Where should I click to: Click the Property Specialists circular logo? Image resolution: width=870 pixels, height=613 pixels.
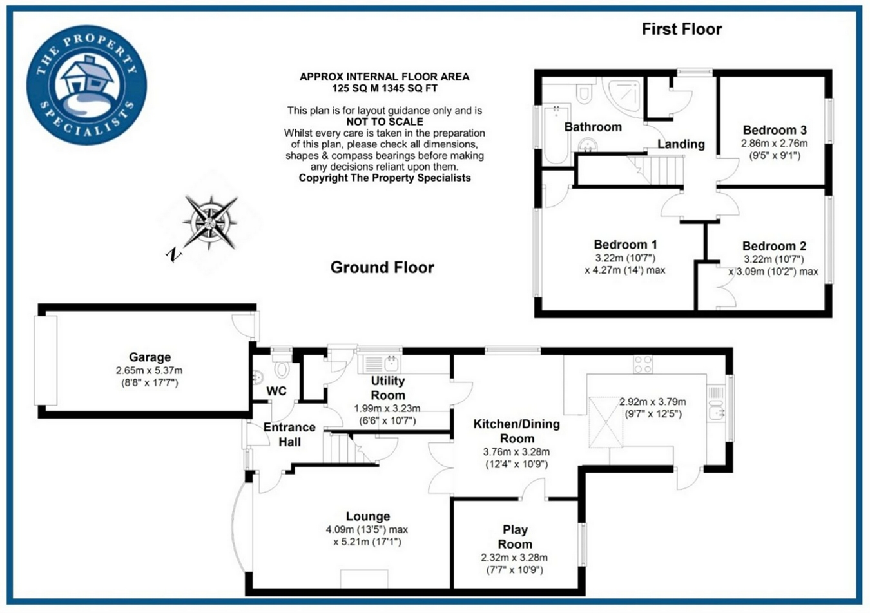[x=86, y=84]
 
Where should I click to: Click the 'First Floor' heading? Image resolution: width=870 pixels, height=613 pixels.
[x=681, y=29]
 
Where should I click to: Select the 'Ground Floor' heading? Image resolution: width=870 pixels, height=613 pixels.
[x=382, y=267]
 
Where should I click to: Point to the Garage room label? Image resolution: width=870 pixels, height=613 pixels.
[x=150, y=357]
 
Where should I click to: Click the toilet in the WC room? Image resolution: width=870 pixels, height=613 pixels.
[x=282, y=369]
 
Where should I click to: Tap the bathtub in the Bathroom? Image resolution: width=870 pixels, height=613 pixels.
[x=554, y=135]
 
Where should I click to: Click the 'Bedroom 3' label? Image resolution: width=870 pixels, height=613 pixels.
[x=775, y=130]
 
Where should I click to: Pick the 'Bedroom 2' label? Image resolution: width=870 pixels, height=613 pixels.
[x=774, y=246]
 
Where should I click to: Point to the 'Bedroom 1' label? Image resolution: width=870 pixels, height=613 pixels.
[x=625, y=245]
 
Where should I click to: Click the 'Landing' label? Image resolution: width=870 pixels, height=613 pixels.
[x=681, y=144]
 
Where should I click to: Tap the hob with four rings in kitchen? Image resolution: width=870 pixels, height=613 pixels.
[x=643, y=364]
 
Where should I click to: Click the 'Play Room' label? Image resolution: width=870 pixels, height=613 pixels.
[x=515, y=536]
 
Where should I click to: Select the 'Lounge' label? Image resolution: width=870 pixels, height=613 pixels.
[x=368, y=516]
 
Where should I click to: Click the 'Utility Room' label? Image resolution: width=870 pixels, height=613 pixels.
[x=388, y=388]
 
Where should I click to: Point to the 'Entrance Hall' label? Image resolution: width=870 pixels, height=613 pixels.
[x=289, y=435]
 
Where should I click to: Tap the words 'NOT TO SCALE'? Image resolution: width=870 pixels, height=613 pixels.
[x=385, y=122]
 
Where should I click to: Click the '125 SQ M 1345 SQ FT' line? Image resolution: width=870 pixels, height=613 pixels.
[x=385, y=88]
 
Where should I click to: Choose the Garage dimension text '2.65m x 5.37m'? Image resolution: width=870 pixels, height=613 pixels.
[x=149, y=371]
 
